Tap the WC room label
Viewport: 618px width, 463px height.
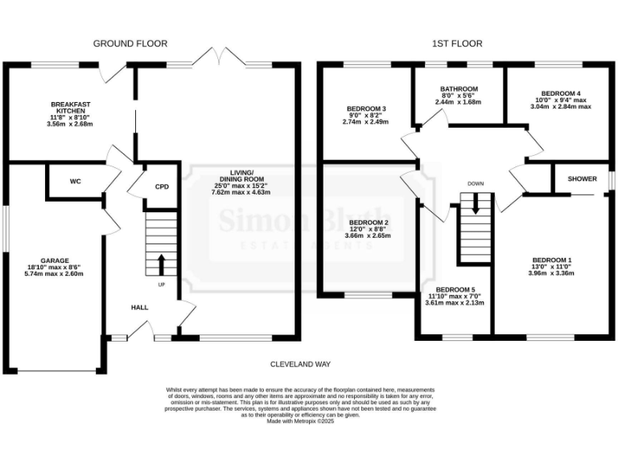click(x=76, y=182)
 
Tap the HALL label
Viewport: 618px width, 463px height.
click(x=140, y=307)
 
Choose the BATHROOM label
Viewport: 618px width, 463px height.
click(x=459, y=89)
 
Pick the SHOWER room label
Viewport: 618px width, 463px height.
click(x=582, y=178)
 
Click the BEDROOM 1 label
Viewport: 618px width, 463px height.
click(x=552, y=260)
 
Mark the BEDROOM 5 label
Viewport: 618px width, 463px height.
click(x=455, y=289)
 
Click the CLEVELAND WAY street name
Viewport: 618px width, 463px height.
click(x=301, y=364)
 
